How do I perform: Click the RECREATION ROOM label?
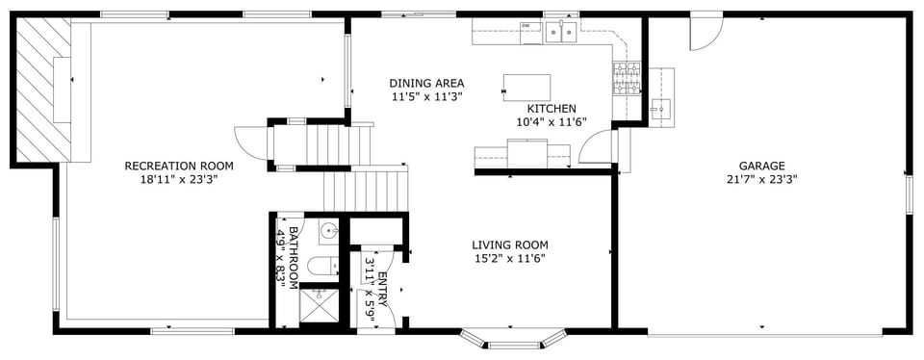179,166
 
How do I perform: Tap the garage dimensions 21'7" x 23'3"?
762,179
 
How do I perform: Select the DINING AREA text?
426,83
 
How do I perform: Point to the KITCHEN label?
552,109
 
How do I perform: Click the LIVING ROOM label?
510,244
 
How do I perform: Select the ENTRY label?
382,290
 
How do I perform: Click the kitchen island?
526,88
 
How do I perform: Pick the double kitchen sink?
561,33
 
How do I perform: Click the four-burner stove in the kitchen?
626,74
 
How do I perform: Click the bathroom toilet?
321,266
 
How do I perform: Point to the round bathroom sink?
329,231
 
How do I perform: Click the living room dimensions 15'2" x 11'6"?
510,258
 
